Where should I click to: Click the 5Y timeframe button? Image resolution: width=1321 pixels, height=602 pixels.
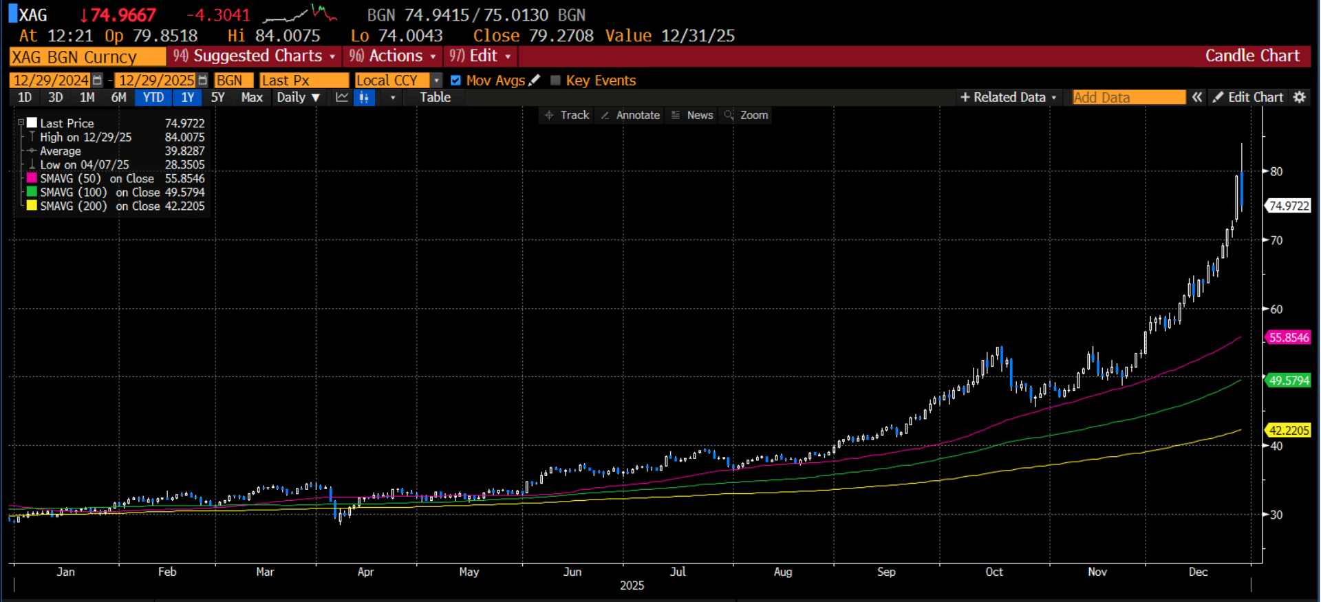tap(217, 98)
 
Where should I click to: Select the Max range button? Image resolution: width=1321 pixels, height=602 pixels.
tap(252, 98)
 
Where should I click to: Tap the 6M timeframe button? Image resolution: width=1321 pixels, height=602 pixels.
tap(118, 98)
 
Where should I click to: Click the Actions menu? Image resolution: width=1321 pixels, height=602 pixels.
tap(393, 56)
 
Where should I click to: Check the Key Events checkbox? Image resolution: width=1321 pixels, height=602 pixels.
tap(556, 80)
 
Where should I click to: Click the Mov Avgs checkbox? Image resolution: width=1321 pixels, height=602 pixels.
tap(455, 80)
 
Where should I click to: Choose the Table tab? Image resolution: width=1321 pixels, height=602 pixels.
tap(435, 98)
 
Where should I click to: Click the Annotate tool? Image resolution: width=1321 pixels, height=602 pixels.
tap(631, 116)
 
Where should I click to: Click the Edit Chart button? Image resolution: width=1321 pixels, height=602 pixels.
tap(1248, 98)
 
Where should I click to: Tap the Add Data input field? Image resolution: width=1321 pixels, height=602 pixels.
tap(1128, 98)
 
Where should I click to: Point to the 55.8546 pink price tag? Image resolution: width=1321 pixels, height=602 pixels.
tap(1289, 338)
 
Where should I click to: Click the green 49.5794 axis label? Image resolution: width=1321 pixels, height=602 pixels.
tap(1289, 380)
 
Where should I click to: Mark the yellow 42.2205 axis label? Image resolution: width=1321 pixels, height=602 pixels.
tap(1289, 431)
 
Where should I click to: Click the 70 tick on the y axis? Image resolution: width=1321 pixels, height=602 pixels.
tap(1276, 241)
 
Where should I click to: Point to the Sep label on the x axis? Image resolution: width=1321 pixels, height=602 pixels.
tap(886, 572)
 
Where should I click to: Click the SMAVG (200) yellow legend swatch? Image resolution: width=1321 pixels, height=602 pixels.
tap(32, 206)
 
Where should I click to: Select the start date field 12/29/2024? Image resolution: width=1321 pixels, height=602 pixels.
tap(51, 80)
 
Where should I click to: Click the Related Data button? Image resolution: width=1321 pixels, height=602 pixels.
tap(1008, 98)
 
